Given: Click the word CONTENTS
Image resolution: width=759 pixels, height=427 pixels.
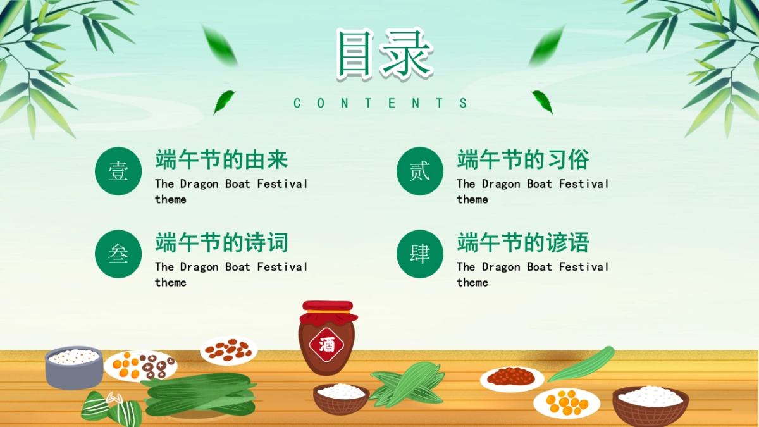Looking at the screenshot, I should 381,103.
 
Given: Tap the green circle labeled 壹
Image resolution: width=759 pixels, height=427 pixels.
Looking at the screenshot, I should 118,171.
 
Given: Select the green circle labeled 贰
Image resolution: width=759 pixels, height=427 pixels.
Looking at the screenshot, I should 420,171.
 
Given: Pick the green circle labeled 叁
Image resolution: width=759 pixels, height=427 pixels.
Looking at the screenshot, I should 118,254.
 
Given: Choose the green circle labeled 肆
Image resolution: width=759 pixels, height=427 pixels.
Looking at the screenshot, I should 420,254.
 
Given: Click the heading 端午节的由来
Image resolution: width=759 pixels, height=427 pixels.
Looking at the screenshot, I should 221,160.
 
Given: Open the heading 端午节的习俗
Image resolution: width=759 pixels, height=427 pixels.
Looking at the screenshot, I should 523,160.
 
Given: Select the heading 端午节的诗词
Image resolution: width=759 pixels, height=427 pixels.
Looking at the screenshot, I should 221,243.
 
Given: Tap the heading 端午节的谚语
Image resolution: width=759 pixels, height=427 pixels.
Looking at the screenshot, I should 523,243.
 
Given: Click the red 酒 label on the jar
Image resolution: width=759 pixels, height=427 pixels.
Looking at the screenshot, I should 326,345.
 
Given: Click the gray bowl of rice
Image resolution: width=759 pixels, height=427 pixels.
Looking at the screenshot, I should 73,367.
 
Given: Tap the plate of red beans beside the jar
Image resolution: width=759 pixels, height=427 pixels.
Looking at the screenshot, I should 228,350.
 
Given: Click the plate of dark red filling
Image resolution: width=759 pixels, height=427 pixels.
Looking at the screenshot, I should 511,378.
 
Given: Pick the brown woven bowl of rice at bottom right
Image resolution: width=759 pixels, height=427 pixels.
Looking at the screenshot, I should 650,405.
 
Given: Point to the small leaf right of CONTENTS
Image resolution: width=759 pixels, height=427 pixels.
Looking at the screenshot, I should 542,101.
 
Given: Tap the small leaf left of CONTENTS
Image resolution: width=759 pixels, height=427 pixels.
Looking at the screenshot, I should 224,101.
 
